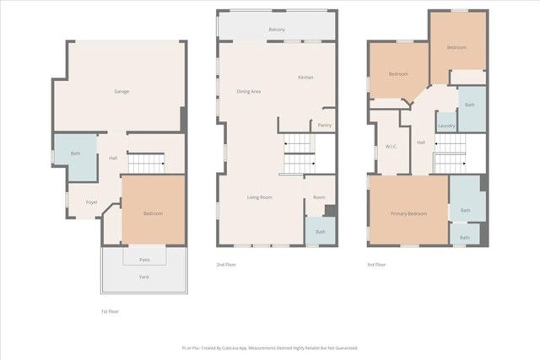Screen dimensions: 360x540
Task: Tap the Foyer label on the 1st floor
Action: click(91, 202)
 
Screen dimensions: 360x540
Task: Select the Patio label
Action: click(145, 260)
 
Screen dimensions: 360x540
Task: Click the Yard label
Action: click(144, 277)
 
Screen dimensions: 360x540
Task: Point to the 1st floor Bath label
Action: click(75, 153)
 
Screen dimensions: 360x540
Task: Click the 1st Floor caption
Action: click(110, 312)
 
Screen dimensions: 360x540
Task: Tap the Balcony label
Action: click(277, 30)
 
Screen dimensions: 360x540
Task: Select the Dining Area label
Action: click(248, 91)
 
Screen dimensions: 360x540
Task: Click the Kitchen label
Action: click(305, 78)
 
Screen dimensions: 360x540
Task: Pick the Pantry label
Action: click(325, 125)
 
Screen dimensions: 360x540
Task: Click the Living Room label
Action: click(259, 197)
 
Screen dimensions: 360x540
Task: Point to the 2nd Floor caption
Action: click(226, 265)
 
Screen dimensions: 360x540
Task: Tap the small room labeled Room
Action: click(319, 197)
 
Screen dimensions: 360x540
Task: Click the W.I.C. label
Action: click(391, 147)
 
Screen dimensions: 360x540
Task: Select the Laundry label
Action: click(445, 126)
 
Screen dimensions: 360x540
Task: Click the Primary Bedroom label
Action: click(408, 213)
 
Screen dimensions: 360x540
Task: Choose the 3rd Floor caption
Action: click(376, 265)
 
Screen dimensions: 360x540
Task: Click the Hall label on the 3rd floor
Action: click(421, 142)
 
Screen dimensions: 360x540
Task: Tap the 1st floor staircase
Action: click(149, 162)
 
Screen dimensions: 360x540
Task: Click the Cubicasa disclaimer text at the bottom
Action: click(270, 347)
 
